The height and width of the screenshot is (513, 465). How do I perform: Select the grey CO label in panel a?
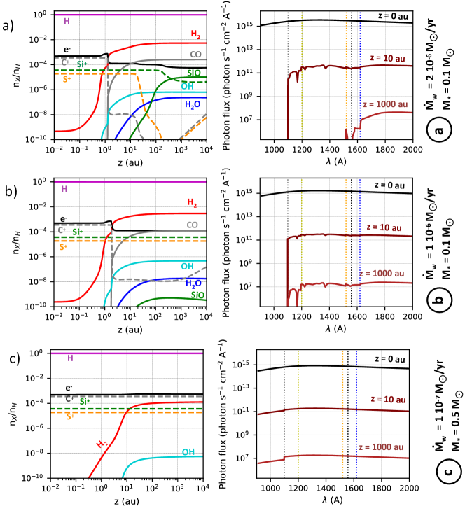coord(195,53)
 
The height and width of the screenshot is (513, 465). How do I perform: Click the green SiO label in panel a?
coord(193,71)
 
